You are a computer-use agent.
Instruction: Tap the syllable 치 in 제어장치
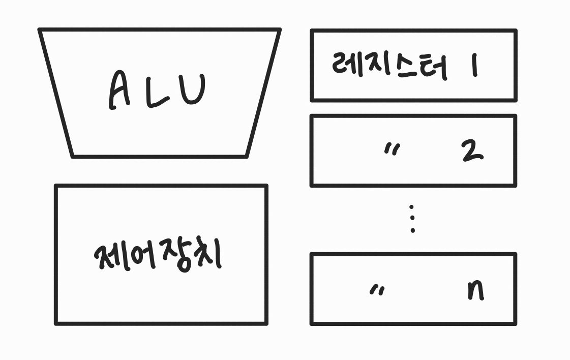(x=205, y=255)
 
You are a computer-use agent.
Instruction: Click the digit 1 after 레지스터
(x=474, y=66)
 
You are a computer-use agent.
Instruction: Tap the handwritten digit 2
(x=472, y=151)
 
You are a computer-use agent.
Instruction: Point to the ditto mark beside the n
(x=377, y=289)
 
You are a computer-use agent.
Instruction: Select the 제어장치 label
(x=158, y=255)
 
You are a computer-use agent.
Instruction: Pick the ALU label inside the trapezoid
(x=157, y=92)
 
